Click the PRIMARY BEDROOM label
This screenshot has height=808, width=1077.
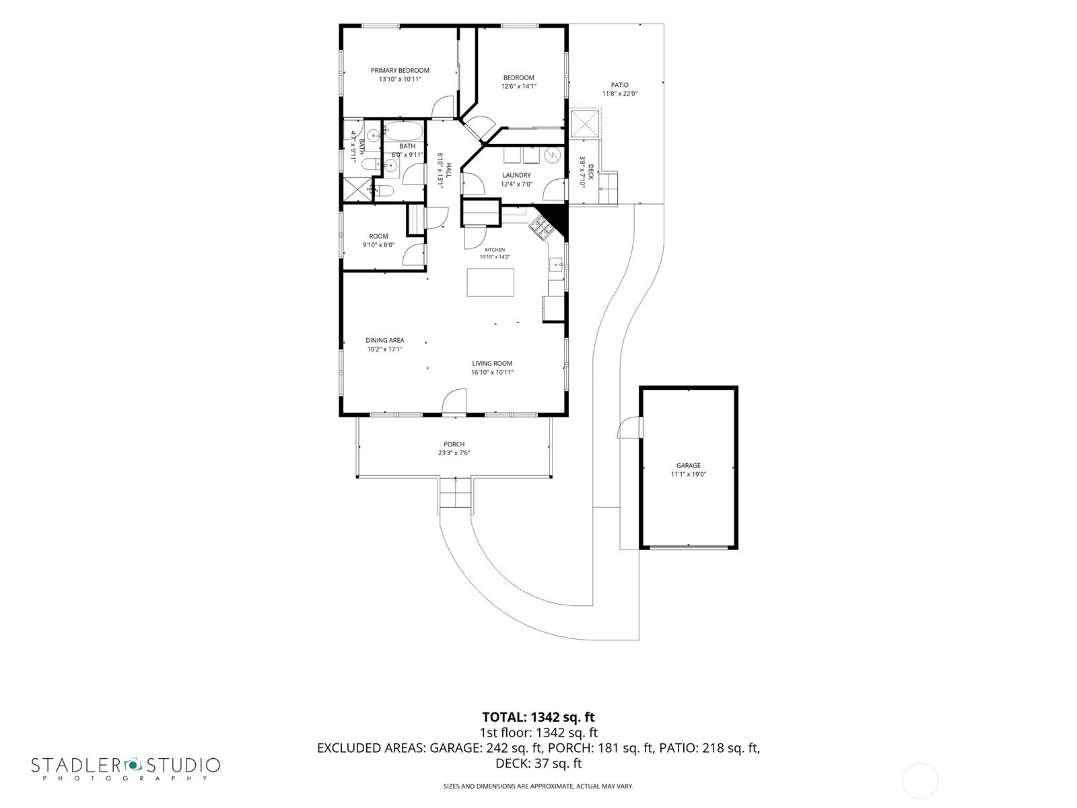tap(399, 70)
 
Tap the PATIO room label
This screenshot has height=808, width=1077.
tap(620, 85)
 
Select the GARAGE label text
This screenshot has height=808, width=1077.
tap(689, 465)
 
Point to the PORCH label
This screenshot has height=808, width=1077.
tap(454, 444)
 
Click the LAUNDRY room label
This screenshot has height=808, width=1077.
tap(516, 175)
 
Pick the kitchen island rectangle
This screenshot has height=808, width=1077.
tap(490, 282)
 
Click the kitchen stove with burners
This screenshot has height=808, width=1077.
tap(541, 227)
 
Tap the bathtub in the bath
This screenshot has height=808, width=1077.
tap(403, 131)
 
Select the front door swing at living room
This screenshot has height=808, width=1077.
tap(454, 401)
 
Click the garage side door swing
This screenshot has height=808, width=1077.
tap(629, 427)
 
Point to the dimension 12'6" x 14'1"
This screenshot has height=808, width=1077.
tap(518, 86)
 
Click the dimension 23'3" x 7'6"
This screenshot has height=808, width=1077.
tap(454, 452)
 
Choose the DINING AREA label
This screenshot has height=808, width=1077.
tap(384, 340)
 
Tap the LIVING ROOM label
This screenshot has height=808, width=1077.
tap(492, 363)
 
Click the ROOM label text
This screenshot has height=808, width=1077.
tap(378, 236)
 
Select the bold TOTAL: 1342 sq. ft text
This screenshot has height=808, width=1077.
tap(538, 717)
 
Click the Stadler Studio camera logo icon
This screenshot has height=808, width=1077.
tap(133, 764)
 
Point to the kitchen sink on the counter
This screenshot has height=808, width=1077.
tap(556, 265)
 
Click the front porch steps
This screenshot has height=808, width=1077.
tap(455, 494)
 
